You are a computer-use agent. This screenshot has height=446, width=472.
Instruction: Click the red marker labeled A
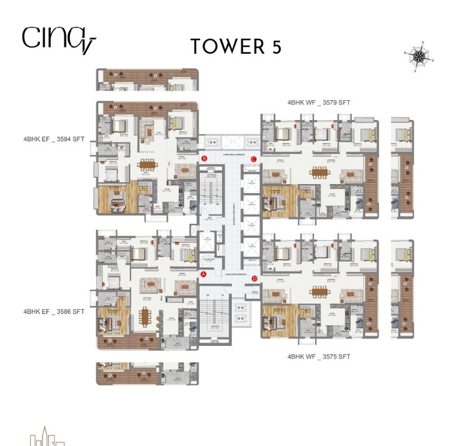click(x=203, y=274)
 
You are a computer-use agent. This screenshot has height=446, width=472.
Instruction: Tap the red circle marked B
click(x=204, y=159)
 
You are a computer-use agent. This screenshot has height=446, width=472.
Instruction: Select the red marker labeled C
click(x=254, y=160)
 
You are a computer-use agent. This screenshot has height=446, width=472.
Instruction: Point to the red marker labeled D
click(x=254, y=278)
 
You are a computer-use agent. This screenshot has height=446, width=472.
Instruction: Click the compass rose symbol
click(x=419, y=57)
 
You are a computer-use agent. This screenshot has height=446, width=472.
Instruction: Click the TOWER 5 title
click(x=236, y=46)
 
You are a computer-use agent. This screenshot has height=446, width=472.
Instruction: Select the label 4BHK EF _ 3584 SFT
click(x=53, y=139)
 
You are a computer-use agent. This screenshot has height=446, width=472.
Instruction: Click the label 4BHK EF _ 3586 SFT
click(x=53, y=311)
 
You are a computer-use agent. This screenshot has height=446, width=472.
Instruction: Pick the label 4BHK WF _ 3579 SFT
click(x=318, y=102)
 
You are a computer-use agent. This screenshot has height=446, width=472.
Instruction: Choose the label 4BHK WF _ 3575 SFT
click(x=318, y=357)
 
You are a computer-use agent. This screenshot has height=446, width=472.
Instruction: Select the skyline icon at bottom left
click(x=47, y=436)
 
